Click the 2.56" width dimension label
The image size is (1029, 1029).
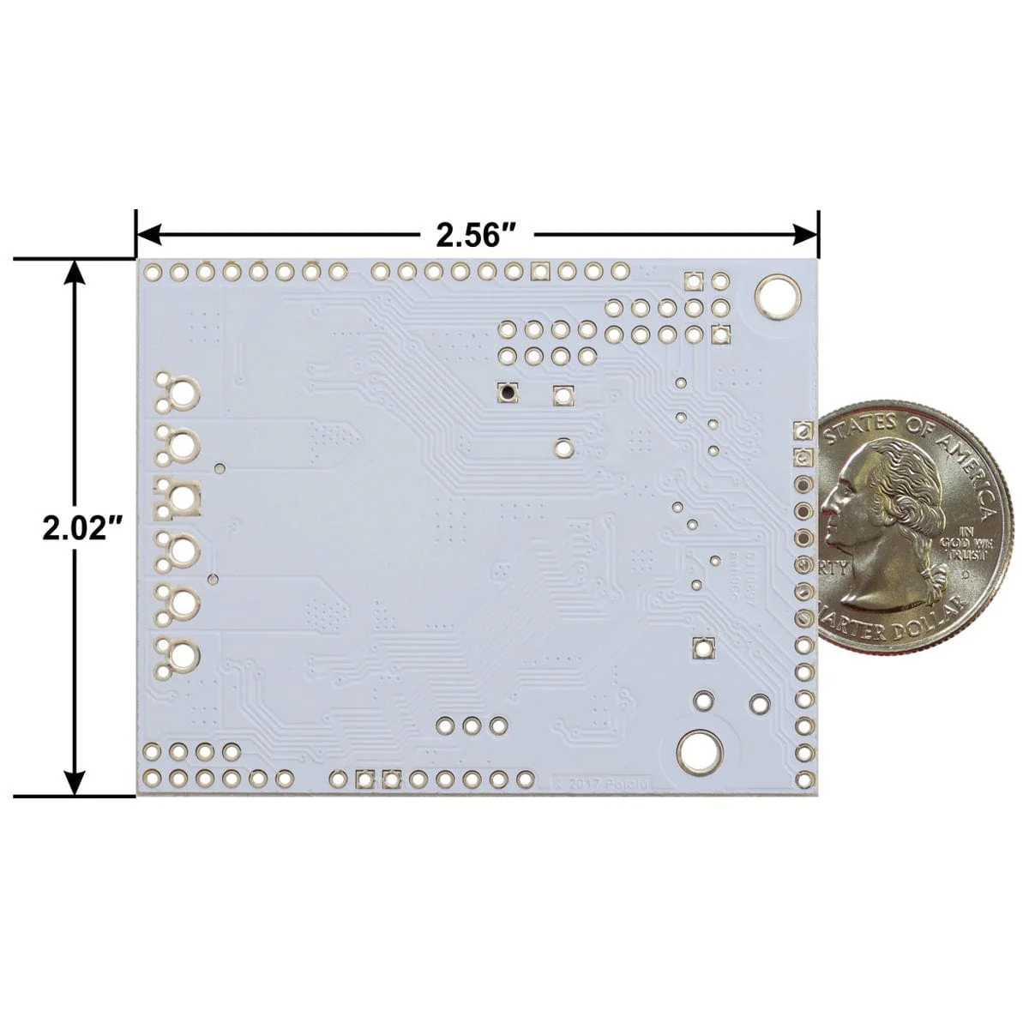[477, 234]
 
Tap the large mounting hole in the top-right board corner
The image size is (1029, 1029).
[775, 296]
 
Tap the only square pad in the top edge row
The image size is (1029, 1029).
[539, 272]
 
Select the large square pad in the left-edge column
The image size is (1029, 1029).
[181, 497]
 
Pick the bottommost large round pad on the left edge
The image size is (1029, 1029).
[183, 656]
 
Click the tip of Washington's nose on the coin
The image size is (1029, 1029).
[827, 512]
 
